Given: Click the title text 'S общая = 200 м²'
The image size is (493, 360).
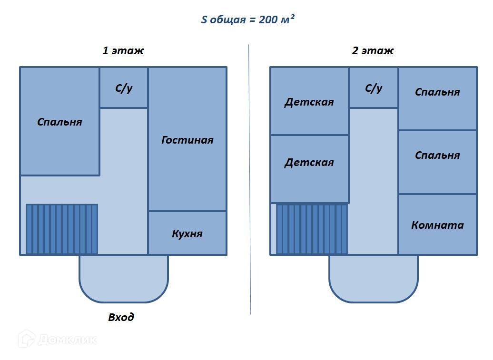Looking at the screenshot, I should click(x=247, y=20).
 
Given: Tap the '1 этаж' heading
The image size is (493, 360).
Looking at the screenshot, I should click(x=123, y=50).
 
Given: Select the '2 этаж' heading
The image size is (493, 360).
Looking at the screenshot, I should click(x=373, y=50).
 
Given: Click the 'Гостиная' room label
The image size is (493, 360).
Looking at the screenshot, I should click(x=187, y=140).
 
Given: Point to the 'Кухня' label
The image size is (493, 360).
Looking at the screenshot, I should click(x=187, y=234).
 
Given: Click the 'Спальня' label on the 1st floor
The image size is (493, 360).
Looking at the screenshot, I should click(x=59, y=122).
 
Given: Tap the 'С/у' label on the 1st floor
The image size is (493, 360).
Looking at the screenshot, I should click(x=124, y=88).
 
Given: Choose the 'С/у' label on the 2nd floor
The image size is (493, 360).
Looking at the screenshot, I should click(x=374, y=88).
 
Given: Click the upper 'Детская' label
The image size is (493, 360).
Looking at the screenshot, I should click(x=309, y=102).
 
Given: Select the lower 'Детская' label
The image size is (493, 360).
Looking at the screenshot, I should click(x=309, y=162).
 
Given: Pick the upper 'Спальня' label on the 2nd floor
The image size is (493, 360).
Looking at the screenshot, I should click(x=437, y=92).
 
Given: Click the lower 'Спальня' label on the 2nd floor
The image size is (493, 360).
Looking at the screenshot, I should click(x=437, y=155).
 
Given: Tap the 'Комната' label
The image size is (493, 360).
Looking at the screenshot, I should click(x=437, y=225).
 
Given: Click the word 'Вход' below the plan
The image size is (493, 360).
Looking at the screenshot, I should click(x=121, y=317).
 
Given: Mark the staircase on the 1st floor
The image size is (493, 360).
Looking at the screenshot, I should click(x=62, y=229).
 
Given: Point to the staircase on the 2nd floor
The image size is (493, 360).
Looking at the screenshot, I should click(x=312, y=229).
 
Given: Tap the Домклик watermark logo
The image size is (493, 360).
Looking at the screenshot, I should click(x=57, y=340).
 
